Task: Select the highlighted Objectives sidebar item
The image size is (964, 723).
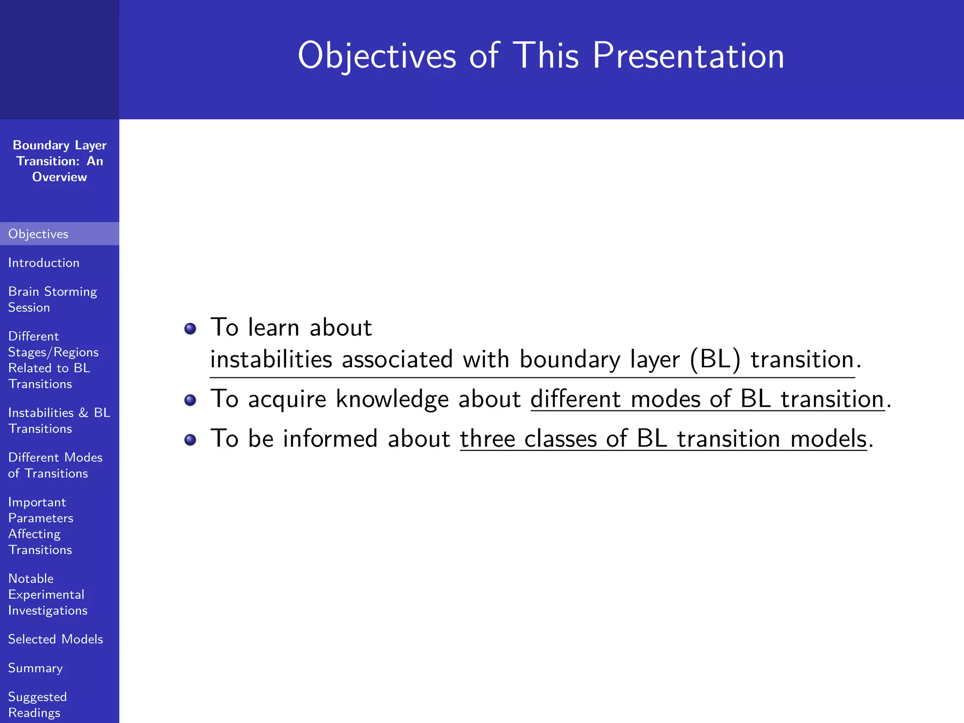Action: pos(39,234)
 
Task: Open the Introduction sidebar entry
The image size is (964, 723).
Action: pos(44,263)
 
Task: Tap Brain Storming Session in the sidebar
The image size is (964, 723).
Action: pos(52,299)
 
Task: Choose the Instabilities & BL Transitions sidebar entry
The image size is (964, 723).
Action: pos(58,420)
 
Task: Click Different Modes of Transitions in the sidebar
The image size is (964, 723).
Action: pos(55,465)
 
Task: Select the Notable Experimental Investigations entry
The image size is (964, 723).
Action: pos(47,594)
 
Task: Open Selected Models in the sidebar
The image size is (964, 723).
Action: pos(55,639)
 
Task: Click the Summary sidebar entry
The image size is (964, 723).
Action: pos(35,668)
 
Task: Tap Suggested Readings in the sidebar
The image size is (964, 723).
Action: pos(37,705)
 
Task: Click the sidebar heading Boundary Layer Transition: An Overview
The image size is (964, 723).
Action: pos(59,161)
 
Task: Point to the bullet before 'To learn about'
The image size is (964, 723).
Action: pos(190,328)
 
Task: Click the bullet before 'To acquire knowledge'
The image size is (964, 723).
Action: pos(190,400)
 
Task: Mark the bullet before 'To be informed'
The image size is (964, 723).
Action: pos(190,440)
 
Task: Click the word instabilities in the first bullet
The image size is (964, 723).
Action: pos(271,360)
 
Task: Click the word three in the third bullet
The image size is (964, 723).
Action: pos(487,439)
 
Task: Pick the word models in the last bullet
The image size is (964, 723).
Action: pos(828,439)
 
